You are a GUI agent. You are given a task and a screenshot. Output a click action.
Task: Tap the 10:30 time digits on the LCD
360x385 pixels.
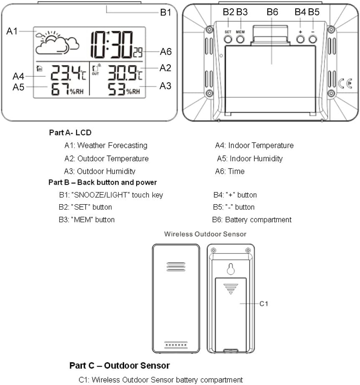point(112,44)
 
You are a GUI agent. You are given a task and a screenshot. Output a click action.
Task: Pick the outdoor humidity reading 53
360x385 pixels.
point(117,89)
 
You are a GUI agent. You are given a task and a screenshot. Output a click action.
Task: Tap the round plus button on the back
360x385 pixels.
point(300,39)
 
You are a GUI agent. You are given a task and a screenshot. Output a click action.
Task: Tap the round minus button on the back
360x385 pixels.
point(313,39)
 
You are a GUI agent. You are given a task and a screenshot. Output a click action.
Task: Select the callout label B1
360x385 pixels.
point(166,13)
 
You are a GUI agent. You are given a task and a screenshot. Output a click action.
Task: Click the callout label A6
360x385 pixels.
point(166,52)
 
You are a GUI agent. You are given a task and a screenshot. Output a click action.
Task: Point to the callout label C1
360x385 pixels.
point(264,304)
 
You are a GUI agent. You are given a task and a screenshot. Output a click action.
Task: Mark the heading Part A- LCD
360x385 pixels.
point(70,133)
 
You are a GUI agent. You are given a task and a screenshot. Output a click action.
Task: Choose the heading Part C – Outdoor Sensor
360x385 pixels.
point(119,366)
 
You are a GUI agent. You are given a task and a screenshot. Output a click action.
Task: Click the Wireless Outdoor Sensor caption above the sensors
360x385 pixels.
point(205,234)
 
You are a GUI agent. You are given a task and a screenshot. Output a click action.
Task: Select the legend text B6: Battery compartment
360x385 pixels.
point(252,220)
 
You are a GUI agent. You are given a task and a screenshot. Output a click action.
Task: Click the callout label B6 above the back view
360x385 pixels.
point(272,12)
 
